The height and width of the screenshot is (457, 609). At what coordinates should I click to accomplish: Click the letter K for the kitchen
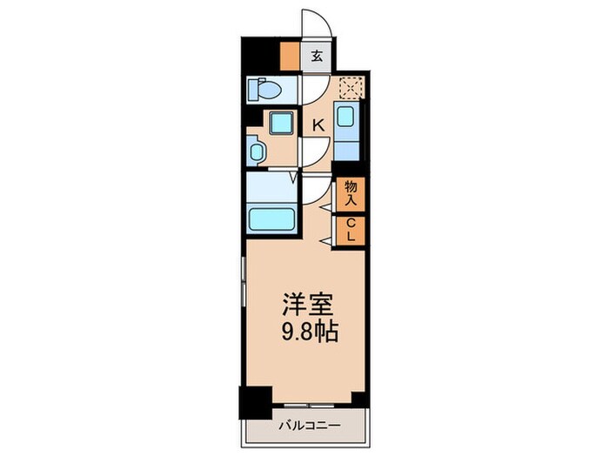pyautogui.click(x=318, y=125)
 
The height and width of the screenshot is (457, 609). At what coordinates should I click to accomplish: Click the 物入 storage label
pyautogui.click(x=351, y=192)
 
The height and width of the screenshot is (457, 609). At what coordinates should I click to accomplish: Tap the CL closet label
pyautogui.click(x=351, y=231)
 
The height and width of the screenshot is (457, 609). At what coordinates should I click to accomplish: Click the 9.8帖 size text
pyautogui.click(x=309, y=332)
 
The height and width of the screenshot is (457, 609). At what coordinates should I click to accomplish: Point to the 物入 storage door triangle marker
pyautogui.click(x=325, y=207)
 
